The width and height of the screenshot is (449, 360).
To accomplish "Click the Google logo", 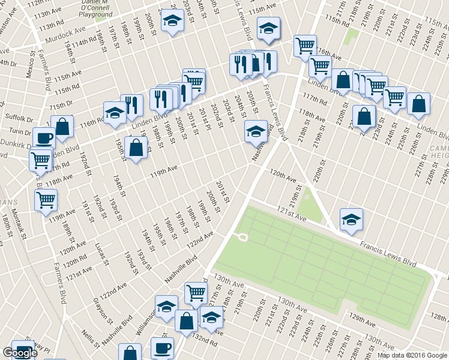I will (x=20, y=353).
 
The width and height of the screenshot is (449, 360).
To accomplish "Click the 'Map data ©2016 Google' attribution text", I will (x=412, y=355).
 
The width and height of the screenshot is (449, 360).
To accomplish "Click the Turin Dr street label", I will (x=20, y=131).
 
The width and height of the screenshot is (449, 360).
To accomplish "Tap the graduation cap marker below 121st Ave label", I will (x=351, y=219).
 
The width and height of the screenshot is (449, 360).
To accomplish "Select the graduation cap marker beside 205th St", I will (x=256, y=130).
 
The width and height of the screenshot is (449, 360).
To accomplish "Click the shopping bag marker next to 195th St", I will (x=137, y=148).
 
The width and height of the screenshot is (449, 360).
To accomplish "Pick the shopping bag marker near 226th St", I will (x=418, y=103).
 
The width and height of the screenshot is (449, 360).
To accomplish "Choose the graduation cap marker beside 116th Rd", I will (x=115, y=112).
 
